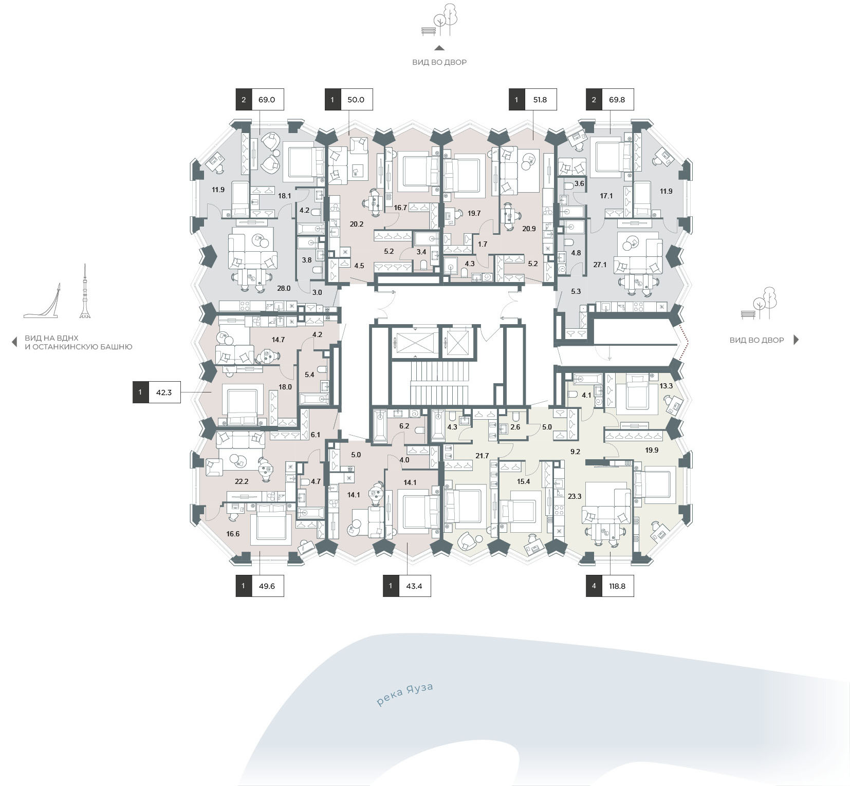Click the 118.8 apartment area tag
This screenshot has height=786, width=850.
(x=609, y=586)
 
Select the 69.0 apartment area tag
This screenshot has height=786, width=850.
(x=260, y=100)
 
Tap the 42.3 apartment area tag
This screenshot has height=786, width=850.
(x=156, y=392)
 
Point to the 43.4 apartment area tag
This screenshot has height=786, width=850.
(x=406, y=586)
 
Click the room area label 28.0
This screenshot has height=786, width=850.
(x=284, y=288)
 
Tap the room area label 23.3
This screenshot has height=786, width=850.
(x=575, y=496)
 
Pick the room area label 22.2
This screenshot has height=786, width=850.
(x=242, y=481)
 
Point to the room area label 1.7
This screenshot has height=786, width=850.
(x=482, y=244)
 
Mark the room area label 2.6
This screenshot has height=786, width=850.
(x=515, y=427)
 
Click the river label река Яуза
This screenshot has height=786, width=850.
(x=405, y=695)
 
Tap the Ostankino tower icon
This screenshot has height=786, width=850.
(x=85, y=291)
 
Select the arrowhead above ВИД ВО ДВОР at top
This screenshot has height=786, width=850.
(x=439, y=48)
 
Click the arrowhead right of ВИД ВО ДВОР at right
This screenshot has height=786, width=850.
(x=797, y=340)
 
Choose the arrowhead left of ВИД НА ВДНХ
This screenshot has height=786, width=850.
(x=14, y=343)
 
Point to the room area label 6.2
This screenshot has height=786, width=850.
(x=404, y=426)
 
